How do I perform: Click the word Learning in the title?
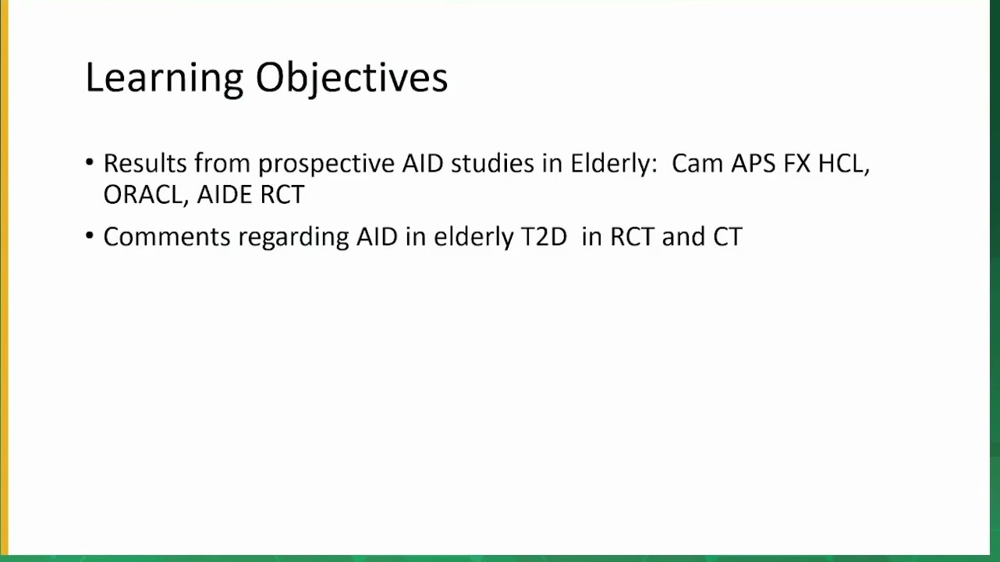click(x=165, y=79)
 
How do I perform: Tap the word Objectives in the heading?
click(x=351, y=79)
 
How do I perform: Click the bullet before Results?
click(x=90, y=162)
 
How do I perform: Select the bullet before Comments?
click(x=90, y=235)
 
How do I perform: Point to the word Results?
click(x=145, y=163)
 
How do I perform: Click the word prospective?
click(x=326, y=164)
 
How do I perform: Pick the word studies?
click(x=492, y=163)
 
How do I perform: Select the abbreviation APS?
click(x=754, y=163)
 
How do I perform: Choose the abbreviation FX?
click(x=796, y=163)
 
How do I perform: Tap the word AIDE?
click(x=225, y=194)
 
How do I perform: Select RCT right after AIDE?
click(x=282, y=194)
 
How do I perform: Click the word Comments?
click(x=167, y=237)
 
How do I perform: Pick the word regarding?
click(x=293, y=237)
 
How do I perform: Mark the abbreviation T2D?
click(x=544, y=237)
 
